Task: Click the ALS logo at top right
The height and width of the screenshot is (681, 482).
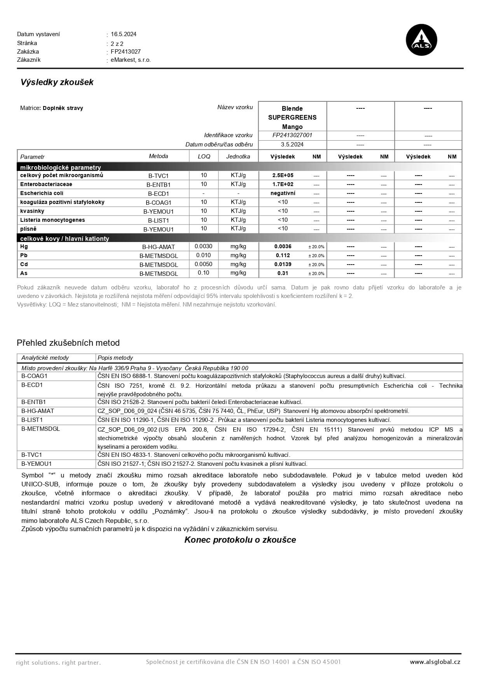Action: coord(421,40)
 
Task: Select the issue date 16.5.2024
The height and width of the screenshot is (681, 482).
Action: coord(123,34)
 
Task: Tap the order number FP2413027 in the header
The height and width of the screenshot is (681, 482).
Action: coord(126,51)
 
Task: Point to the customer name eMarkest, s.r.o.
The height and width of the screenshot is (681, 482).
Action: coord(131,60)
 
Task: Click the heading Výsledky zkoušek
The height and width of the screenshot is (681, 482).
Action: coord(57,82)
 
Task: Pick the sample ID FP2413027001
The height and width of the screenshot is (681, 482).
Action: coord(292,135)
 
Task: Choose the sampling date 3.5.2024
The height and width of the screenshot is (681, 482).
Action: coord(292,145)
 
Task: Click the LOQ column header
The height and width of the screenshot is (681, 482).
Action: coord(204,156)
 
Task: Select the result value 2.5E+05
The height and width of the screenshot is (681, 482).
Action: coord(283,175)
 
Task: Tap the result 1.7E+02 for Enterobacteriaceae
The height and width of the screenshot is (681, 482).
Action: coord(283,184)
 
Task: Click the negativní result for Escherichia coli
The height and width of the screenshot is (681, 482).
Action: coord(283,193)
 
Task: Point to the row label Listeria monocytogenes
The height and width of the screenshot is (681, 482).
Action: coord(52,220)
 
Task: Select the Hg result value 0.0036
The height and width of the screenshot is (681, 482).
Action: coord(283,246)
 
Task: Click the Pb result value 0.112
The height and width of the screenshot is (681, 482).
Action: coord(283,255)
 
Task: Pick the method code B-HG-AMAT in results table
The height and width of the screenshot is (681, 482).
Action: coord(158,247)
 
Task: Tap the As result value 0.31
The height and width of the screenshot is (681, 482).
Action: coord(283,273)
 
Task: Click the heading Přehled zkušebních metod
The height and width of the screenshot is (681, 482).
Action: coord(68,343)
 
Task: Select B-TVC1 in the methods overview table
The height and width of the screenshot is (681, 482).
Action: coord(31,455)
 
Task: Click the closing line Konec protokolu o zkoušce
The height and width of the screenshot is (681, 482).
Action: coord(240,540)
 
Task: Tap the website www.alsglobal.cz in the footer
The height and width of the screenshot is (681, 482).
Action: coord(435,662)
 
